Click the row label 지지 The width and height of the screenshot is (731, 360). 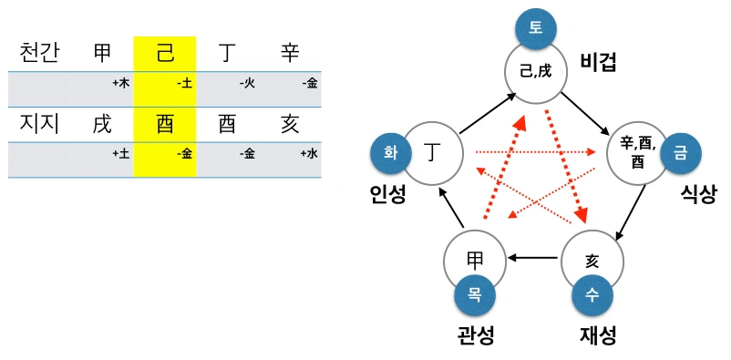[39, 124]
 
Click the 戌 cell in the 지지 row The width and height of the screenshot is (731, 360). [102, 124]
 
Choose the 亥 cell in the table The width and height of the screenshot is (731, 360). [290, 124]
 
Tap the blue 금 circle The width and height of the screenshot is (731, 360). [680, 153]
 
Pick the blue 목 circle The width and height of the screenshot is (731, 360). [476, 296]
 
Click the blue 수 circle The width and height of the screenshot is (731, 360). [593, 296]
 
